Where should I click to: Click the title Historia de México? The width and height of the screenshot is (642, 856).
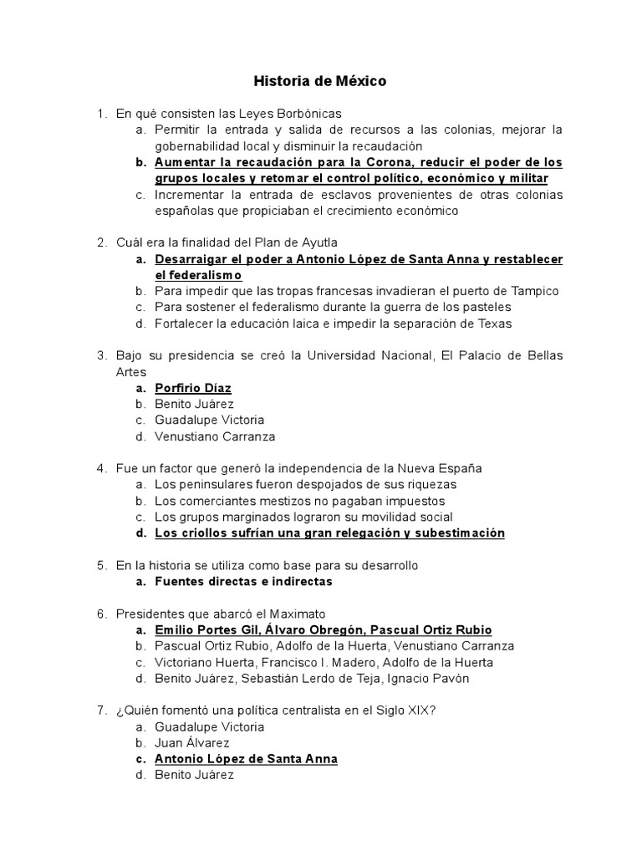[x=320, y=82]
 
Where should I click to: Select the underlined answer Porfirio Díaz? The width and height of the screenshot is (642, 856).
[x=193, y=388]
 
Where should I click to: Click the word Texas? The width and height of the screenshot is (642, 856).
[x=494, y=324]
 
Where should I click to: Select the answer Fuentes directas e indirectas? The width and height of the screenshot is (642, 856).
[x=243, y=582]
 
